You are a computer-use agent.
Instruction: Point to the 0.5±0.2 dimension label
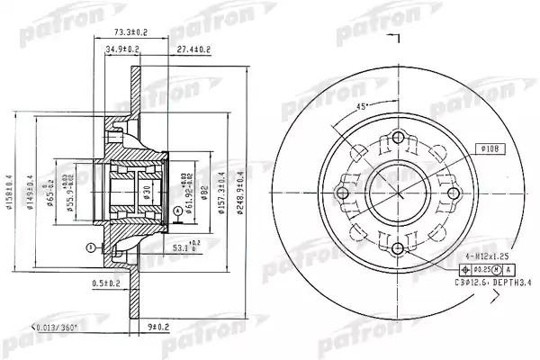107,283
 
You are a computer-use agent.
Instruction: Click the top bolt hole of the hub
397,139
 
